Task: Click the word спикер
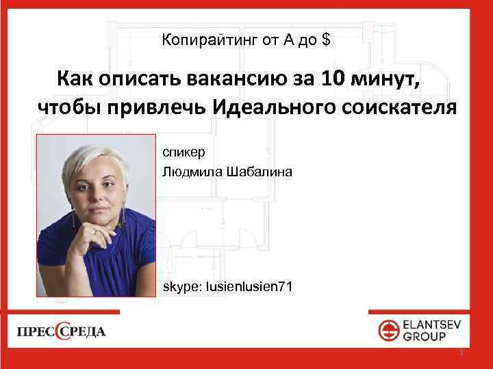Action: [180, 151]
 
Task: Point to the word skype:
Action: [180, 287]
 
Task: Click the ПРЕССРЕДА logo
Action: [62, 332]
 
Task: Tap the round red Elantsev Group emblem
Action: [390, 331]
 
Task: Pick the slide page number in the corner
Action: [462, 353]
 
